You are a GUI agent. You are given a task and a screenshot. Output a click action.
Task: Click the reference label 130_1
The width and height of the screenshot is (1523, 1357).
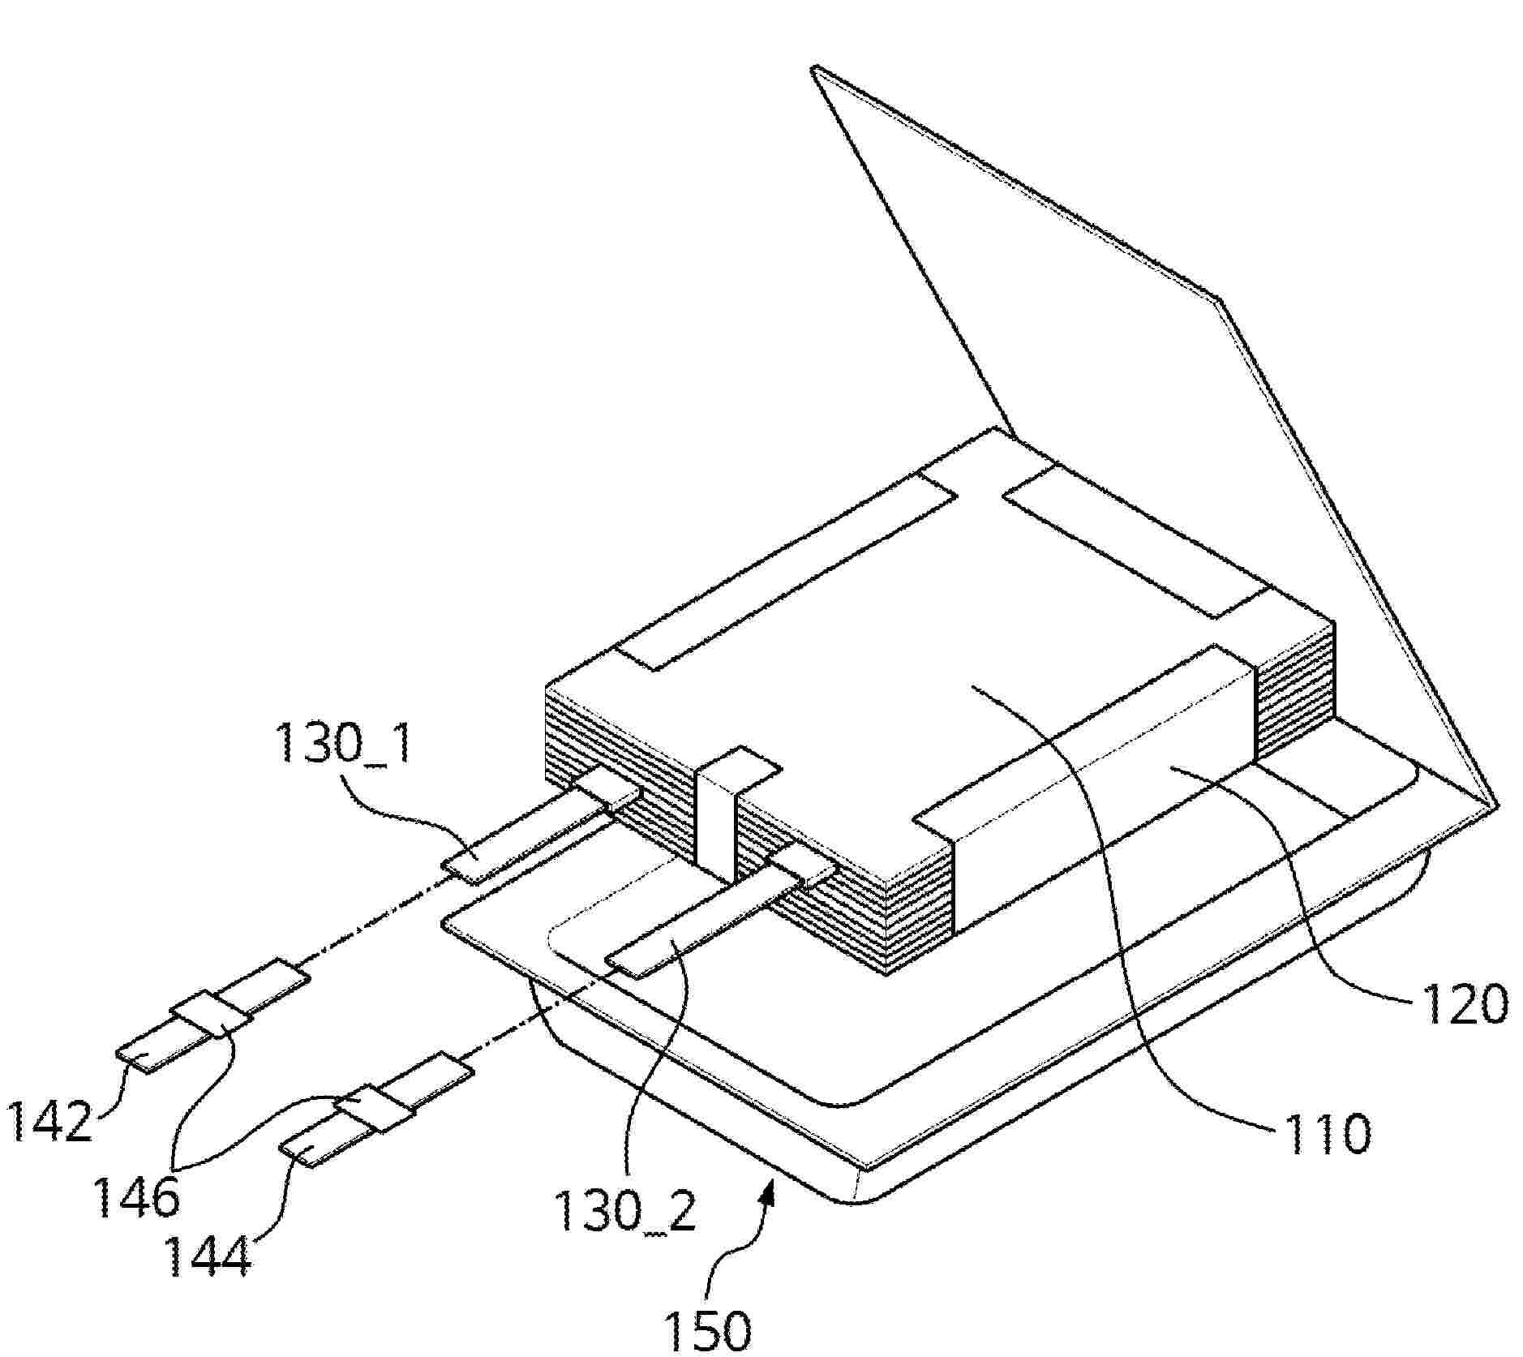click(344, 743)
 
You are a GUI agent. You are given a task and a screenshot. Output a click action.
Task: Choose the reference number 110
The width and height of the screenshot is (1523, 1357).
click(1325, 1132)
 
